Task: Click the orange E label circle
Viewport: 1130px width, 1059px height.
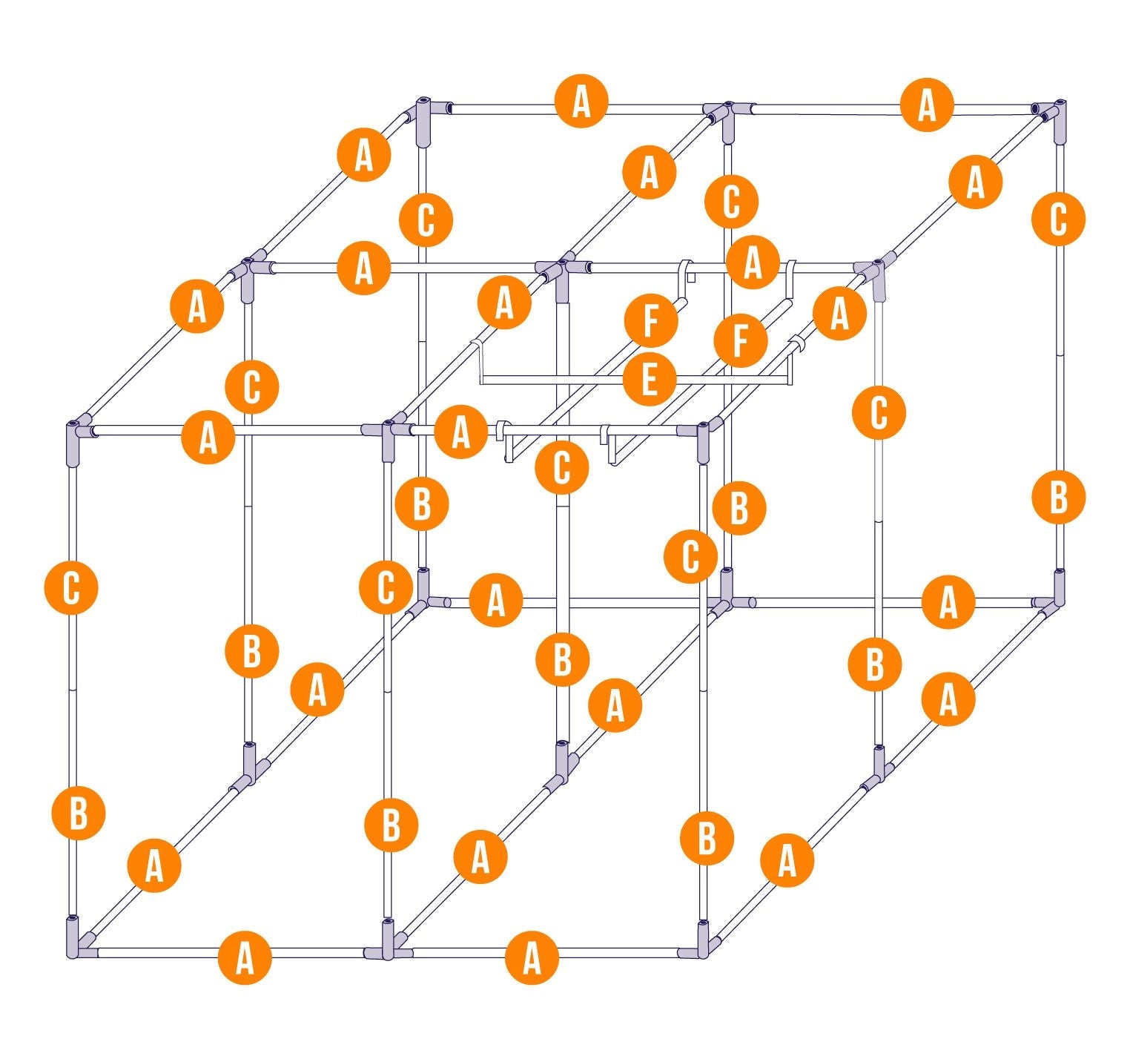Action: (x=650, y=381)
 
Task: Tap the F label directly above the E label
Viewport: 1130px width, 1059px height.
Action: (x=651, y=320)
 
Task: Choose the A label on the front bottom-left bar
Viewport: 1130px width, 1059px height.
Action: (x=245, y=958)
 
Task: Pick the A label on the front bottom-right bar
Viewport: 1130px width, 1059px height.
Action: (x=532, y=958)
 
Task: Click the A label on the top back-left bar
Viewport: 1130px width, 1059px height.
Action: (x=581, y=102)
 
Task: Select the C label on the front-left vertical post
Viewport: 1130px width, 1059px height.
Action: (x=71, y=588)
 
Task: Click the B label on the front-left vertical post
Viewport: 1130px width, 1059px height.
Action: (x=78, y=813)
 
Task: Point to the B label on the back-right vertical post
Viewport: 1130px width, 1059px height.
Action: (x=1059, y=496)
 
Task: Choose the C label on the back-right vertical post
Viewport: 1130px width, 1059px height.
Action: (x=1058, y=218)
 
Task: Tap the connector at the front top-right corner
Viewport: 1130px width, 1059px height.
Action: (x=703, y=438)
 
